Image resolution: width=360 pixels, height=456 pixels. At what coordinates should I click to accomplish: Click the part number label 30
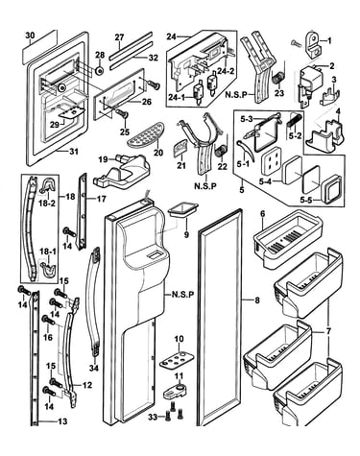click(30, 36)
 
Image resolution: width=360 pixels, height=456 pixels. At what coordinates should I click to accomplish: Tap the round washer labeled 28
click(100, 70)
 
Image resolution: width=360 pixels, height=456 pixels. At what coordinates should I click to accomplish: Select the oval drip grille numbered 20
click(146, 135)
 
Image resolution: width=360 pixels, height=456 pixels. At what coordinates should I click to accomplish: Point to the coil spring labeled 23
click(277, 77)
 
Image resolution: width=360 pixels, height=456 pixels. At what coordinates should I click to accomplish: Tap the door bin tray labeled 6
click(286, 238)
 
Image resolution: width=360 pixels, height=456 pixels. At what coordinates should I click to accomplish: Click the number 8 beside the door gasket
click(257, 300)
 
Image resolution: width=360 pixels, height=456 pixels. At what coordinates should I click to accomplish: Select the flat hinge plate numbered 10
click(177, 359)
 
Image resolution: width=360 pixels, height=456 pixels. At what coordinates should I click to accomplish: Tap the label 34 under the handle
click(93, 369)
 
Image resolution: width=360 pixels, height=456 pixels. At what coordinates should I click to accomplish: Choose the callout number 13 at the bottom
click(63, 421)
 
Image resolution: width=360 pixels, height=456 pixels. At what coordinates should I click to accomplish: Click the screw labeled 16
click(48, 320)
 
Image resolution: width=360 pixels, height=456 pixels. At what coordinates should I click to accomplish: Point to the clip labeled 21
click(180, 150)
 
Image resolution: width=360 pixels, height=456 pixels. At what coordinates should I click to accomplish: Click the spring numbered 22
click(220, 151)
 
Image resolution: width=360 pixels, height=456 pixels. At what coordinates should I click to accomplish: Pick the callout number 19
click(103, 158)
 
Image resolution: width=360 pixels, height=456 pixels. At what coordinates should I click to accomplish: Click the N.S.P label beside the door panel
click(182, 295)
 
